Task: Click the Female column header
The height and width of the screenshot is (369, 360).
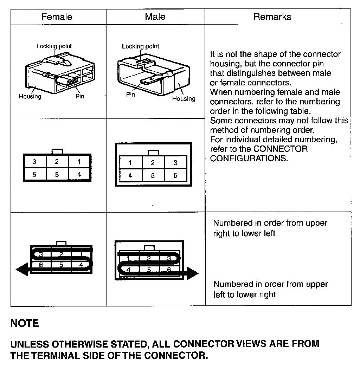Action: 57,17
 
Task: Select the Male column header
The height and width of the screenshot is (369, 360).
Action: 155,17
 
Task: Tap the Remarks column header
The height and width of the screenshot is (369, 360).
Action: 272,17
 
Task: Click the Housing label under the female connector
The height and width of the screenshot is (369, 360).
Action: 30,96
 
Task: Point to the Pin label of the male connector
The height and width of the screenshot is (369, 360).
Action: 130,95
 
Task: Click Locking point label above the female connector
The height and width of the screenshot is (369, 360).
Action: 54,46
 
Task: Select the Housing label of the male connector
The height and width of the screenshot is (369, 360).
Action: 184,99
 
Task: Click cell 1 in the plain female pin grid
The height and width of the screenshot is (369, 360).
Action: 79,162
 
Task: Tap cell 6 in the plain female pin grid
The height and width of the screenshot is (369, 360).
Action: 34,174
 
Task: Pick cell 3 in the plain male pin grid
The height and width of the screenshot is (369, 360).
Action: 175,163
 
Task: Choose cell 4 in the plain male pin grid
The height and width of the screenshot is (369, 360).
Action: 130,175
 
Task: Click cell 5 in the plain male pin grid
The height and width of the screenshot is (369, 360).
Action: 153,175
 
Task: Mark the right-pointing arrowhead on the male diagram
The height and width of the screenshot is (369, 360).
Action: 192,273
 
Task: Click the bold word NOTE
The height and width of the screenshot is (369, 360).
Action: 25,323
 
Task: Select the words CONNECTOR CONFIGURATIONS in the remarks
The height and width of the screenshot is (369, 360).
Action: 259,154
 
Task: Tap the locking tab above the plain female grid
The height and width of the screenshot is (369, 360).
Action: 57,151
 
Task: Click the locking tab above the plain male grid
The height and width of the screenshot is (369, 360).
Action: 153,153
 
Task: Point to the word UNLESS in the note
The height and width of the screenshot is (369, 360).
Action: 30,344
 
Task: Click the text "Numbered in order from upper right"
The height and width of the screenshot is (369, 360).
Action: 270,223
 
